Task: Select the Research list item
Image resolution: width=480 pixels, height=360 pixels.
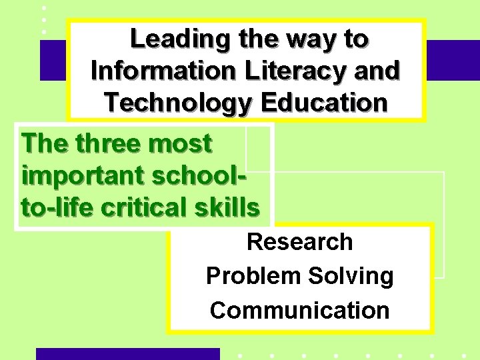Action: [299, 242]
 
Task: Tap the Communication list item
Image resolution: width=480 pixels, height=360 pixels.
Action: [299, 310]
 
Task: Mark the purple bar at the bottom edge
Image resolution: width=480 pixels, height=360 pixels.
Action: [127, 353]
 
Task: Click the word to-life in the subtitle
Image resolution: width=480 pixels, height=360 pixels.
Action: [57, 207]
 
